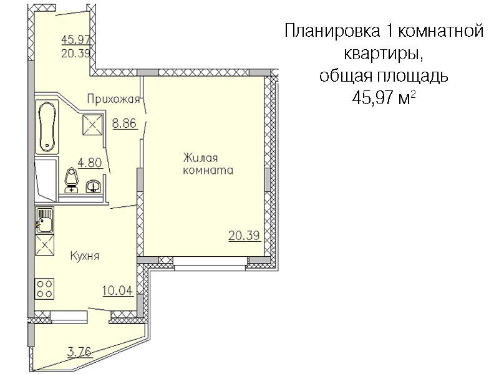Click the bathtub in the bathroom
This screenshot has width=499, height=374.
(x=47, y=127)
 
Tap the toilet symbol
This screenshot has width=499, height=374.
(x=71, y=181)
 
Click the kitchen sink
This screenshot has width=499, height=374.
(x=44, y=220)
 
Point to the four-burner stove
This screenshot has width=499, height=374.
(x=44, y=288)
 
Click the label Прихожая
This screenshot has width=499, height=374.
(x=114, y=99)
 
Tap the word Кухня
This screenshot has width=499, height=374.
(x=85, y=256)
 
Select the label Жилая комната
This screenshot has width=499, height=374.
(x=208, y=164)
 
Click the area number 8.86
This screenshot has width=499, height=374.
(x=124, y=123)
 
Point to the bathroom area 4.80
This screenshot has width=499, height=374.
(x=90, y=163)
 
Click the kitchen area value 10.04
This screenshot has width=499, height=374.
(x=117, y=290)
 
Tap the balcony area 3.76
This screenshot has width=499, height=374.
(x=79, y=352)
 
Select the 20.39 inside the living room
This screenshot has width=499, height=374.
(x=244, y=236)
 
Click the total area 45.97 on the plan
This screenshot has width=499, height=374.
(x=76, y=40)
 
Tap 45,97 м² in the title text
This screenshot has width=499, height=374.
(x=384, y=98)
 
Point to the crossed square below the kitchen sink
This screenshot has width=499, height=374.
(x=44, y=245)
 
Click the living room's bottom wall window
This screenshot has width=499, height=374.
(x=210, y=264)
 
